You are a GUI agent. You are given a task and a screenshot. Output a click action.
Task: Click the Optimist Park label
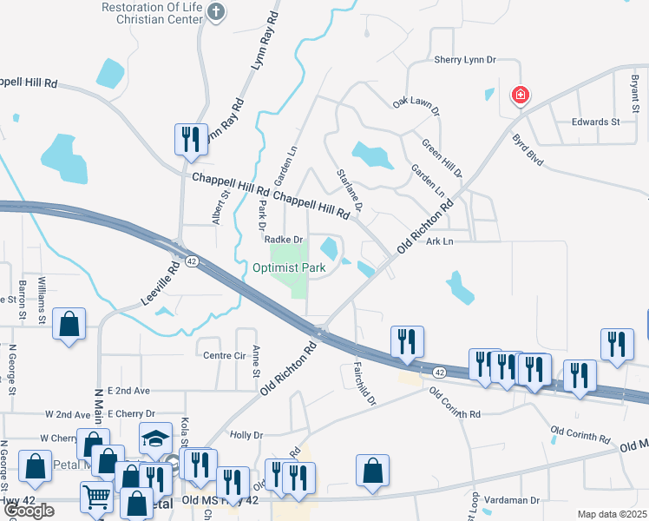coord(289,268)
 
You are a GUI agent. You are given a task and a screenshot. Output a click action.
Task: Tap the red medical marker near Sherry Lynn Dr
coord(520,94)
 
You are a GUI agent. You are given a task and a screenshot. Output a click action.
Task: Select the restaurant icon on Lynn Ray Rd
coord(191,139)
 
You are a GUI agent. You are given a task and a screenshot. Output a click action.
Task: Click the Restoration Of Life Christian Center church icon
coord(218,11)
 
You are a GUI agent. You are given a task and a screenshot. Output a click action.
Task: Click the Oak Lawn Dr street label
coord(416,107)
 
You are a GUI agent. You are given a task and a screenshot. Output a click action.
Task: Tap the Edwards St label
coord(595,122)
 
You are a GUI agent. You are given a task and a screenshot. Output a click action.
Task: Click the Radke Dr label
coord(283,240)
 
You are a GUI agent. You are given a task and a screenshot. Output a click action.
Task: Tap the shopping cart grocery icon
coord(96,497)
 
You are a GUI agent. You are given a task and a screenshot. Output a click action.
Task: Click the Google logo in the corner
coord(28,511)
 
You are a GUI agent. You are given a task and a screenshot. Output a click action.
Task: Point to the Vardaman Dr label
coord(512,500)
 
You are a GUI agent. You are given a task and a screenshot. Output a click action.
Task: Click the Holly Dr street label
coord(246,435)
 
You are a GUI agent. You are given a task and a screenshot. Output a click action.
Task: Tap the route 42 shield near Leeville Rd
coord(190,260)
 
